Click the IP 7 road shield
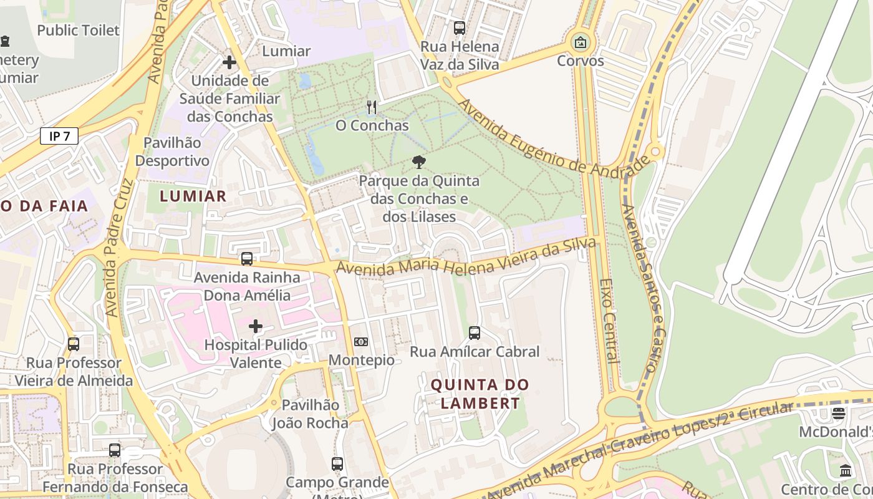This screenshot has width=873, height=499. pyautogui.click(x=59, y=136)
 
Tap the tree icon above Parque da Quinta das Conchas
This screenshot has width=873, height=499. pyautogui.click(x=419, y=162)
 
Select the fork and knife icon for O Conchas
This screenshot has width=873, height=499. pyautogui.click(x=372, y=107)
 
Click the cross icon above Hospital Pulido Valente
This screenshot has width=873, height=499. pyautogui.click(x=256, y=326)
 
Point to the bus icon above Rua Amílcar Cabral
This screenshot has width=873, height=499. pyautogui.click(x=475, y=333)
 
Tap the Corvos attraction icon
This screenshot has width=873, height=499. pyautogui.click(x=581, y=42)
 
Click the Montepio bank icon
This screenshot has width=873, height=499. pyautogui.click(x=361, y=342)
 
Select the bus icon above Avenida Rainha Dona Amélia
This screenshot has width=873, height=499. pyautogui.click(x=247, y=259)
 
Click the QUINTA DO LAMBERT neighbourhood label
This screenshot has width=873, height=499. pyautogui.click(x=480, y=394)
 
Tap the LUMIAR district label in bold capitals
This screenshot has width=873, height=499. pyautogui.click(x=193, y=196)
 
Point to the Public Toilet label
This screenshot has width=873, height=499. pyautogui.click(x=78, y=30)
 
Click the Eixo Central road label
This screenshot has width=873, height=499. pyautogui.click(x=609, y=321)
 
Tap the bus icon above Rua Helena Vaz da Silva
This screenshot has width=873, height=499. pyautogui.click(x=460, y=28)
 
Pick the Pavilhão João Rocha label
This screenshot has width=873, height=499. pyautogui.click(x=310, y=414)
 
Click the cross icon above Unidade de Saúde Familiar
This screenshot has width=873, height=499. pyautogui.click(x=229, y=62)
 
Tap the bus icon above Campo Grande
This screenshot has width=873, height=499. pyautogui.click(x=337, y=464)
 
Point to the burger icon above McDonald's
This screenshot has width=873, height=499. pyautogui.click(x=839, y=414)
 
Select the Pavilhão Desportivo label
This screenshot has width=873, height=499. pyautogui.click(x=172, y=152)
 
